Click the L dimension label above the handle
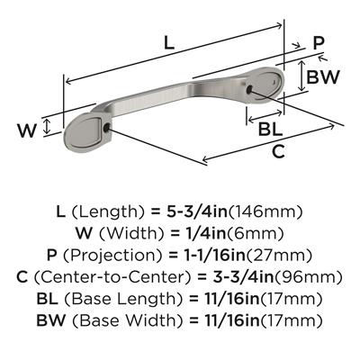(x=169, y=44)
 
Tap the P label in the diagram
(x=319, y=43)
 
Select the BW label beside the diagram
(x=323, y=76)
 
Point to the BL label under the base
(x=271, y=130)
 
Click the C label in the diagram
(x=278, y=151)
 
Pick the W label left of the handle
(x=27, y=130)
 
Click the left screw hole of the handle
(x=106, y=129)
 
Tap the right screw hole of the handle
(x=249, y=89)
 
